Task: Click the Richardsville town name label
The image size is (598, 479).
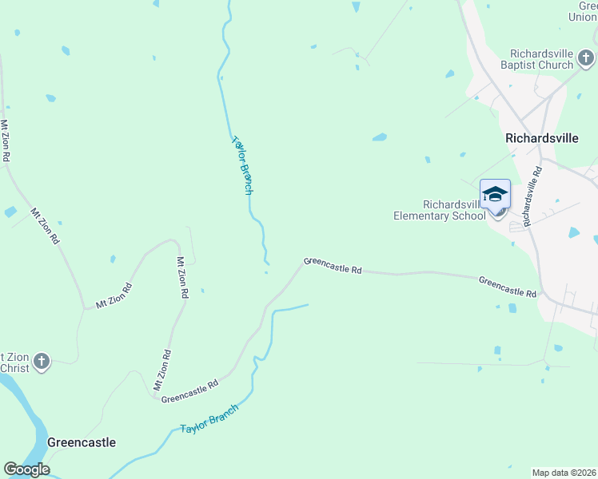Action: click(x=541, y=137)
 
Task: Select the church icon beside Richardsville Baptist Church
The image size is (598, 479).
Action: click(x=586, y=58)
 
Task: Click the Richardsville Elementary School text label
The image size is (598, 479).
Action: click(x=439, y=210)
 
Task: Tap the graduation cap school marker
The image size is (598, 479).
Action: click(x=495, y=194)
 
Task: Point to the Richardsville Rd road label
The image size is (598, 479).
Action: click(x=532, y=196)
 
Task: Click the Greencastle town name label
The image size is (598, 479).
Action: click(x=82, y=442)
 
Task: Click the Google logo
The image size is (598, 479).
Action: click(x=26, y=469)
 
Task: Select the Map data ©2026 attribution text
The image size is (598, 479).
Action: click(x=564, y=473)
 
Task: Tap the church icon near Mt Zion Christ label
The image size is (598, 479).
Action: click(x=42, y=362)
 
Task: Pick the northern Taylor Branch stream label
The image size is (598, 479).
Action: click(x=243, y=165)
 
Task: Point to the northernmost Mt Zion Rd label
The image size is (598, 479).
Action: click(x=5, y=141)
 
